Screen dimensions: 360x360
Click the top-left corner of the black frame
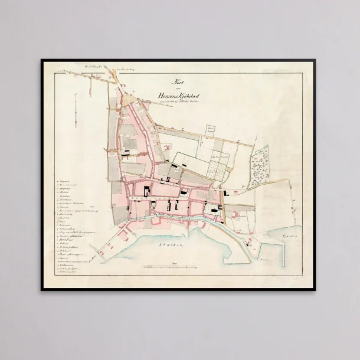[42, 60]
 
